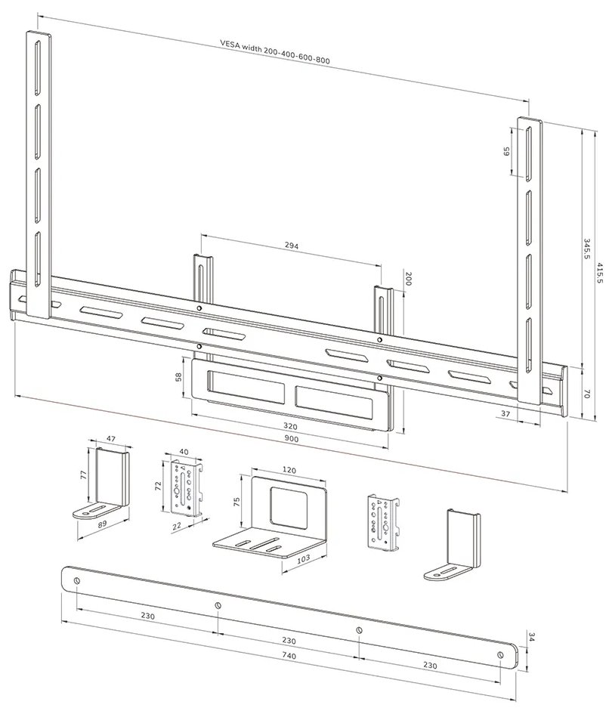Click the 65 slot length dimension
coord(506,152)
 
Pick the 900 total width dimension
coord(291,439)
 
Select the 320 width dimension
coord(291,425)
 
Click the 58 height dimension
coord(180,376)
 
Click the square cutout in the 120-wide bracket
coord(289,502)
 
